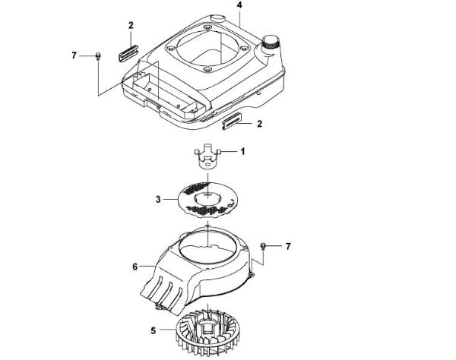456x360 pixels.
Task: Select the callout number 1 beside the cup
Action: pos(243,152)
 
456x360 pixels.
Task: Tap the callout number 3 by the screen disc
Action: pos(157,201)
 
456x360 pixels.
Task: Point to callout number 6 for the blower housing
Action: pos(135,267)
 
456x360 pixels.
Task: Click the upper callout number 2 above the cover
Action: pos(131,27)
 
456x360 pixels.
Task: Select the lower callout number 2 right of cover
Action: pos(261,122)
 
